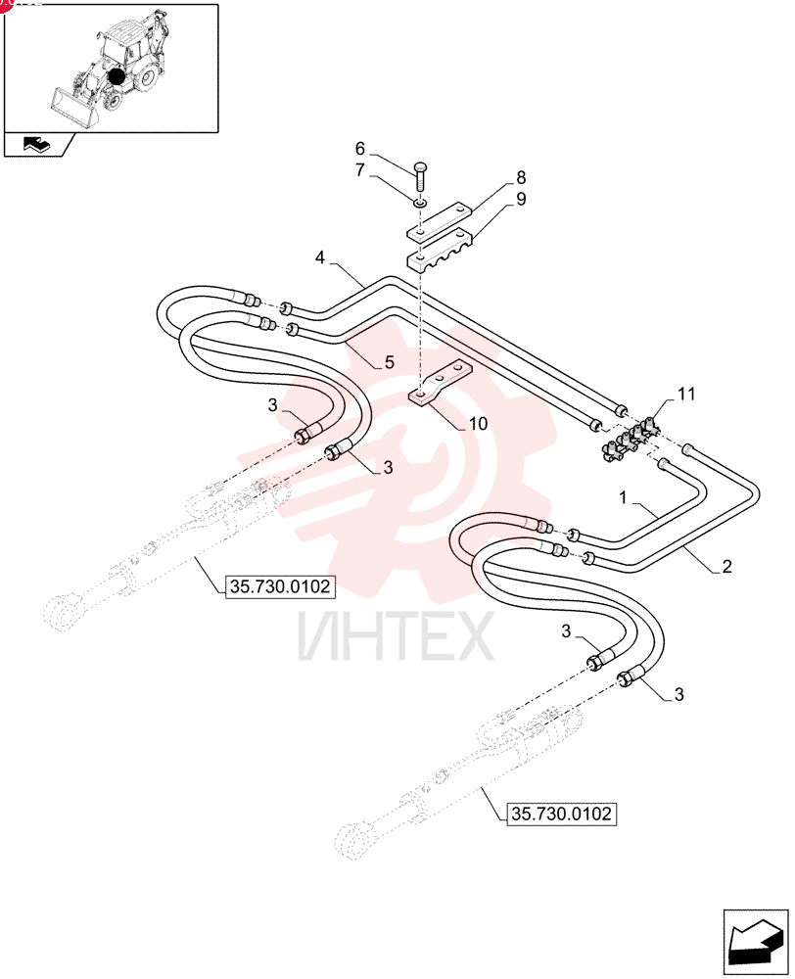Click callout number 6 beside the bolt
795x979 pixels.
point(359,149)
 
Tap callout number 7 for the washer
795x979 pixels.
point(359,169)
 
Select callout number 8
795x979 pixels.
point(521,177)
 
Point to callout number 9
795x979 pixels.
point(521,199)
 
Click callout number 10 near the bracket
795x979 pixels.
point(478,423)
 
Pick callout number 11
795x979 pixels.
point(686,394)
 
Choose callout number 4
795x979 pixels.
point(320,257)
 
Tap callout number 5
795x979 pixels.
point(389,362)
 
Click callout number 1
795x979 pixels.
point(623,497)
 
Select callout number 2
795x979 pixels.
point(726,566)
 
